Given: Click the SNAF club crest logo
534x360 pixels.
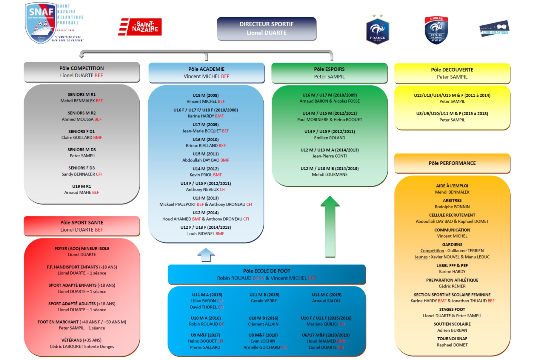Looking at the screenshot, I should (41, 23).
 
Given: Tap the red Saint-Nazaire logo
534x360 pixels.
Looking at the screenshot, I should (140, 27).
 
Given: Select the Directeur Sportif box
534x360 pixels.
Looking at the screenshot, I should (267, 29).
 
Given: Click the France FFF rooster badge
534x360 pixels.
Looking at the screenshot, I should (377, 31).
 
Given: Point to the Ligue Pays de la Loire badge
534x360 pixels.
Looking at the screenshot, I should (436, 30).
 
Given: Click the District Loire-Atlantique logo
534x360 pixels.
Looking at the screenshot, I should (494, 29).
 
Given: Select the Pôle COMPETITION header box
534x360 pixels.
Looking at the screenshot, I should (81, 72).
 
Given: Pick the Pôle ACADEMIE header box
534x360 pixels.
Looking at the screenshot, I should (206, 73).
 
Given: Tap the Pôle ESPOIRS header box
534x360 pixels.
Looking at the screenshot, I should (329, 73).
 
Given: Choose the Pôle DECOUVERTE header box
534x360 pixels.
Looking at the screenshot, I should (452, 73).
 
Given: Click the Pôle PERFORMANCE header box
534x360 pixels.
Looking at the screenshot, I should (452, 163).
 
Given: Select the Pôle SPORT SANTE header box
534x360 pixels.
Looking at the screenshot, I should (81, 226).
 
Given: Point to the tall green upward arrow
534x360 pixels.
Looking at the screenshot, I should (330, 227).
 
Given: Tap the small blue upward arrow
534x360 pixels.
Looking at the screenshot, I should (206, 255).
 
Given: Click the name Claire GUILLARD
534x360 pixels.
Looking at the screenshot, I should (77, 138).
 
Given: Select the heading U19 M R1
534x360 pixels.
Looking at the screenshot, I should (81, 186).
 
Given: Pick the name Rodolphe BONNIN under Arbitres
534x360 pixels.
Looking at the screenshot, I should (452, 207).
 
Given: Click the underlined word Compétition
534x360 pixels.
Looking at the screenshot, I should (432, 251).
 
